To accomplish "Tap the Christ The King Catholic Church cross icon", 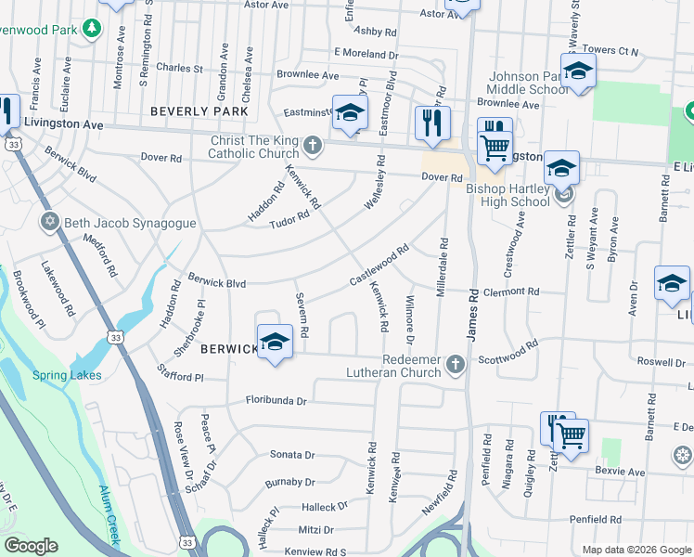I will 314,145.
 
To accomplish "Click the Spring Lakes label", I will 67,375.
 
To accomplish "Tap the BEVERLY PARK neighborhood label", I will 199,111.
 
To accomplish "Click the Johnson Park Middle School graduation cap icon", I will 577,71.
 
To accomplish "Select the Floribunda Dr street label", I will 263,401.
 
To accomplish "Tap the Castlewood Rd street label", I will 379,266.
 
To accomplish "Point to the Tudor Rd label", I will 289,221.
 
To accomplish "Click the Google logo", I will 31,546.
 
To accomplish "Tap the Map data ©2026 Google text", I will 636,550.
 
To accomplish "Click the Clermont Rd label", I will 510,291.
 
